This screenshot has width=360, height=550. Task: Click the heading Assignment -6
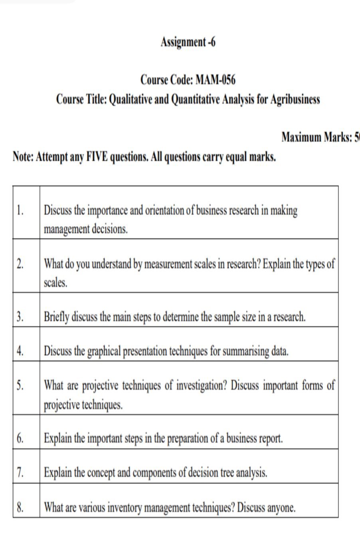(188, 42)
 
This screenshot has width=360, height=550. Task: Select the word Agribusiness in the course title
(295, 99)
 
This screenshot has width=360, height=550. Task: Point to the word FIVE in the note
(95, 157)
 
